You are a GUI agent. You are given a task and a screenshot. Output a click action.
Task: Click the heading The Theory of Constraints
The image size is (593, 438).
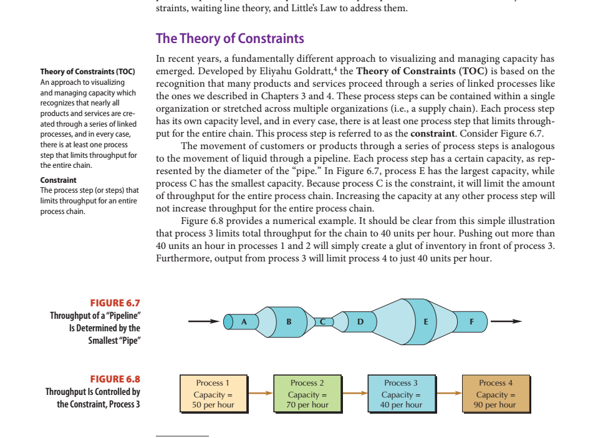[229, 39]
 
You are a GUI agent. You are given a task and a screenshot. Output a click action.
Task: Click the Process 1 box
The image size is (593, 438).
[213, 394]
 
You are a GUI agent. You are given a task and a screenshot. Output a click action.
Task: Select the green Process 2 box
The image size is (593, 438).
[307, 394]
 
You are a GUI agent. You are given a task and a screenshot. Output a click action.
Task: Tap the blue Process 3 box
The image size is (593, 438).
[401, 394]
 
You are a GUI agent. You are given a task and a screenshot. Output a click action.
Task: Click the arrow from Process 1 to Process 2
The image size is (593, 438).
[260, 394]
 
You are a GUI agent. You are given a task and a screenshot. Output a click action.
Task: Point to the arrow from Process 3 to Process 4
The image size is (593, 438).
[448, 394]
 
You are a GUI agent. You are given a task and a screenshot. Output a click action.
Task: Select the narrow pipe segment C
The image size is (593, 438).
[323, 321]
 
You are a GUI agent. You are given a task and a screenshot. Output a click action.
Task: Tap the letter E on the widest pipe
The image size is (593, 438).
[425, 321]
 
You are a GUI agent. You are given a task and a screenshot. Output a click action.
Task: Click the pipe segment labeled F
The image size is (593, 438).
[471, 321]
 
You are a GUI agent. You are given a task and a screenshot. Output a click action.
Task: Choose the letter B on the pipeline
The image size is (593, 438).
[288, 321]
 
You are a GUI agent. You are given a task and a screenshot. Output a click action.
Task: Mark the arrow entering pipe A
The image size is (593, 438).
[206, 322]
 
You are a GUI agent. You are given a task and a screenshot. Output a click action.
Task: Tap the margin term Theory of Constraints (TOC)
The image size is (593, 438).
[87, 72]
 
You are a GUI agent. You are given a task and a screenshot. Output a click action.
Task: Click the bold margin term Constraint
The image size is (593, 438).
[58, 180]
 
